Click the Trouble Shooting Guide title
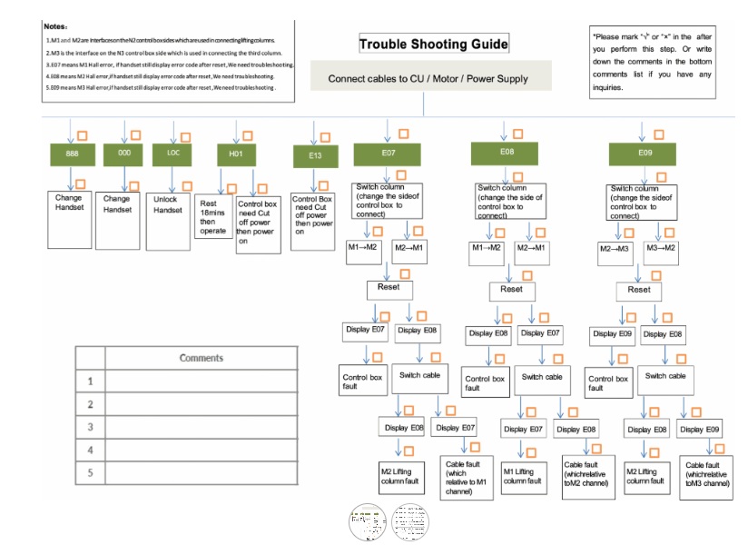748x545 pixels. [433, 45]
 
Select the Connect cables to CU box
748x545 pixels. [428, 79]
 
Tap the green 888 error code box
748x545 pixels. [72, 154]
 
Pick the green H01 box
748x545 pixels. [236, 154]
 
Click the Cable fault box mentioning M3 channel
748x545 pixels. [707, 476]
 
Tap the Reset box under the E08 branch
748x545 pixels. [511, 289]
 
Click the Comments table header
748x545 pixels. [202, 358]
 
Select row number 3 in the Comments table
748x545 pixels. [91, 427]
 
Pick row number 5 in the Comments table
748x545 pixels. [91, 472]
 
